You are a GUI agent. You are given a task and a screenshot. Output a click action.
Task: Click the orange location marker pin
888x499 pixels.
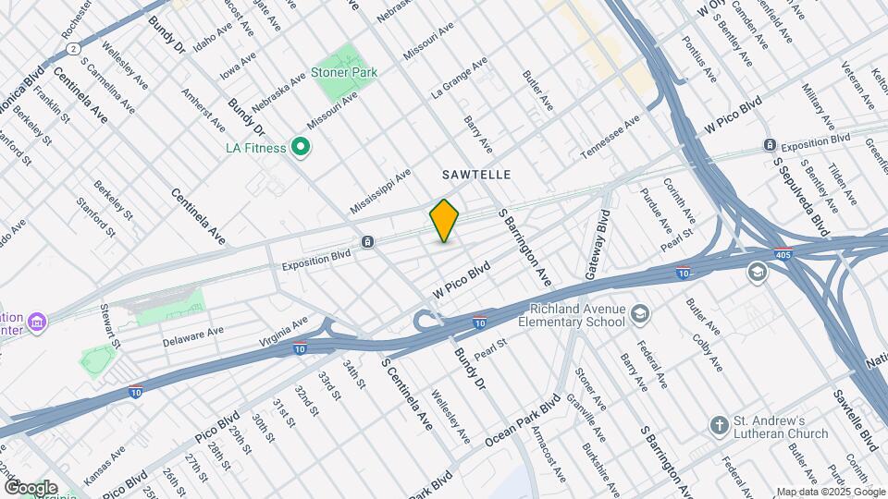click(444, 220)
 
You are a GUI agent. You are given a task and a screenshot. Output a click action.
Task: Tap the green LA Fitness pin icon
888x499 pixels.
click(300, 147)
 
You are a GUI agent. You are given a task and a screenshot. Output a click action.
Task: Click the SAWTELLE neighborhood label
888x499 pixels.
click(476, 174)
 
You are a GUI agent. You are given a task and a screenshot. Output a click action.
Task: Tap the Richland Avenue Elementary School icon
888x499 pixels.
click(640, 316)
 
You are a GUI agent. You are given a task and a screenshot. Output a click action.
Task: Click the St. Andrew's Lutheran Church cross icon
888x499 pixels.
click(719, 426)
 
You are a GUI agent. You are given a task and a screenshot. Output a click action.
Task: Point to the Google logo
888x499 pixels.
click(31, 487)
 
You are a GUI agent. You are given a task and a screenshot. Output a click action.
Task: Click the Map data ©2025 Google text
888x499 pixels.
click(830, 492)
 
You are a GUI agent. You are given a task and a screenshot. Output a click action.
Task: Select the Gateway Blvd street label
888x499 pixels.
click(598, 245)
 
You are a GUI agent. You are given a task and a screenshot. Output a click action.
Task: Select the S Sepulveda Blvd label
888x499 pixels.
click(801, 195)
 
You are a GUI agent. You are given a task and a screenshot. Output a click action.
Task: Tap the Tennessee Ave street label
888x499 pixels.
click(610, 137)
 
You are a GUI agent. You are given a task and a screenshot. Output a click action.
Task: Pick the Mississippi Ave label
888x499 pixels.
click(381, 192)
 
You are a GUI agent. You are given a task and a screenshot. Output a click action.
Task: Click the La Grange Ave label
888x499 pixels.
click(460, 78)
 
